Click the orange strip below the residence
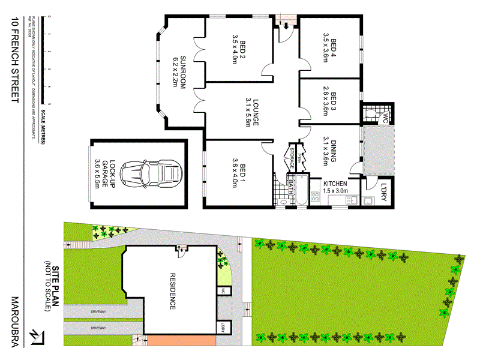(180, 340)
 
